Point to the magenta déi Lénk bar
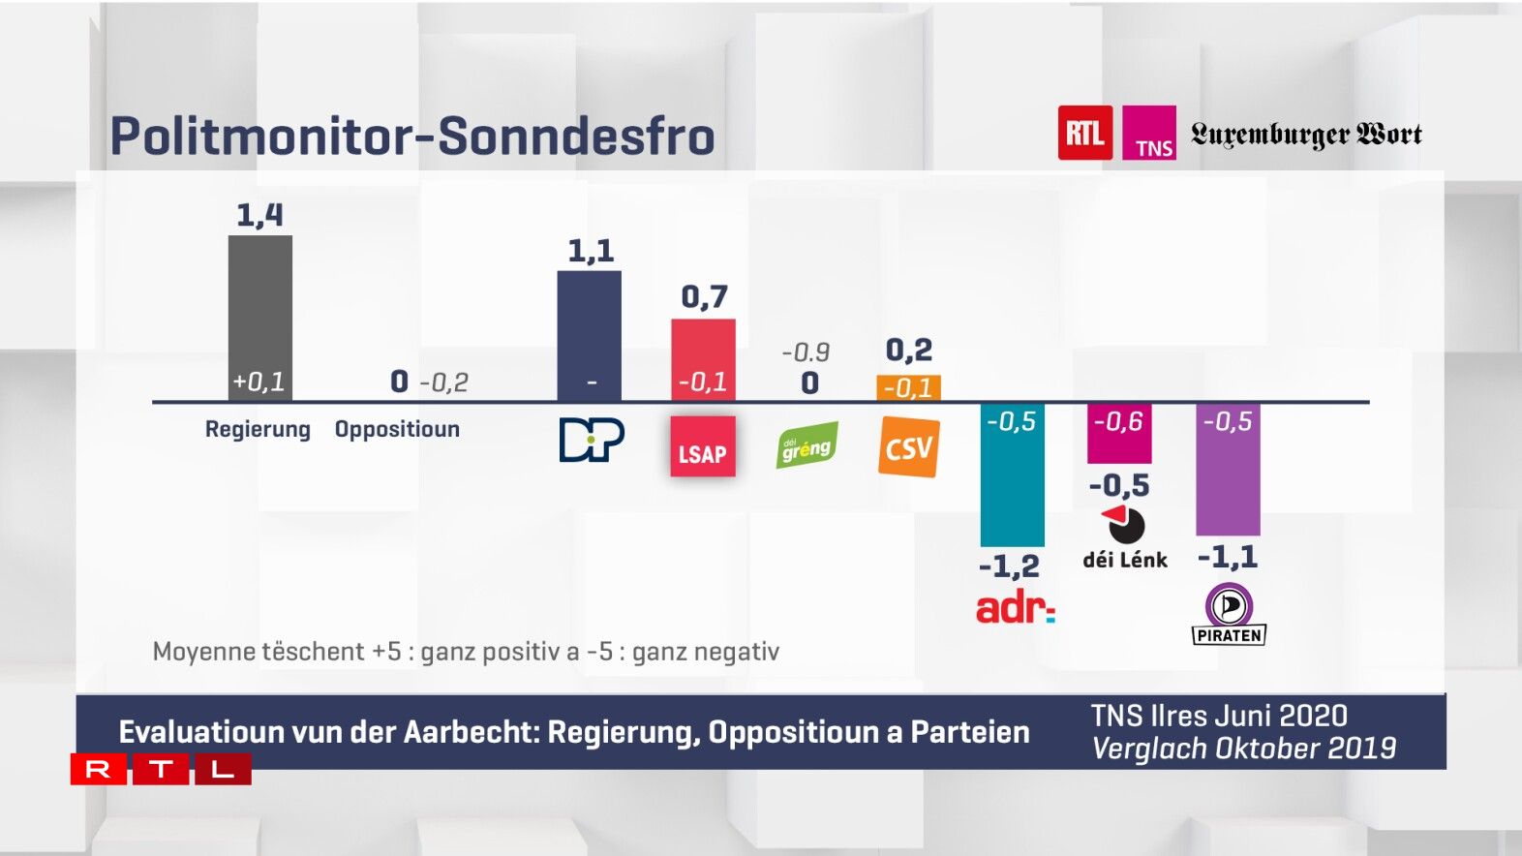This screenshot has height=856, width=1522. point(1119,434)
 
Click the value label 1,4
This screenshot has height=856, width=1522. point(259,215)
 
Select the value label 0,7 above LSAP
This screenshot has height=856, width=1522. point(704,296)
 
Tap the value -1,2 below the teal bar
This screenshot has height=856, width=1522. point(1009,566)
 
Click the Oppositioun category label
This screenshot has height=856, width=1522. point(397,429)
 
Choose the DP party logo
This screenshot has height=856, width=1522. point(592,440)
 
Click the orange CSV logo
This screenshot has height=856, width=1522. point(908,447)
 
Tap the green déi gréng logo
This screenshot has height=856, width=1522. point(807,446)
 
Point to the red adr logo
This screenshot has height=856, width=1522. point(1015,608)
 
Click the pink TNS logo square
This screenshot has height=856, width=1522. point(1149,133)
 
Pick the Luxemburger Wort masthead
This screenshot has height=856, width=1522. point(1306,134)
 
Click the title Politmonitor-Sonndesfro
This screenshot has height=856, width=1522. point(412,136)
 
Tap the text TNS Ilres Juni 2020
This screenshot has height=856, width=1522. point(1219,716)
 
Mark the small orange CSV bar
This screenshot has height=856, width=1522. point(908,387)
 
